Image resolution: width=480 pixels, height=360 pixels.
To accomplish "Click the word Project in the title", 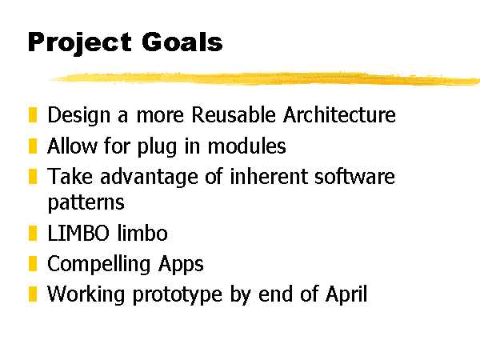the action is pyautogui.click(x=80, y=43).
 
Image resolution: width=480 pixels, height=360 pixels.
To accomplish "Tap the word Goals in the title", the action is pyautogui.click(x=182, y=42).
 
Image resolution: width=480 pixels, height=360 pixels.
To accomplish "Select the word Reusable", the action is pyautogui.click(x=234, y=114).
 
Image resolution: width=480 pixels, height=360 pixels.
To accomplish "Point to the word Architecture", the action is pyautogui.click(x=339, y=114).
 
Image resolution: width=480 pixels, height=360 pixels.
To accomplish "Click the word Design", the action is pyautogui.click(x=78, y=116).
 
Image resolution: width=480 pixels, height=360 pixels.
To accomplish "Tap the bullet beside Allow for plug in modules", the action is pyautogui.click(x=33, y=146).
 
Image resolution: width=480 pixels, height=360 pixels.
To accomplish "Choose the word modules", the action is pyautogui.click(x=246, y=146).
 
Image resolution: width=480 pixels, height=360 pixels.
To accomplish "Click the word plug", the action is pyautogui.click(x=157, y=147).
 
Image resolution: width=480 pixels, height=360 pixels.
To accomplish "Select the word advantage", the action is pyautogui.click(x=149, y=178).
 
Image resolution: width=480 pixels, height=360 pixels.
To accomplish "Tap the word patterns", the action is pyautogui.click(x=86, y=203).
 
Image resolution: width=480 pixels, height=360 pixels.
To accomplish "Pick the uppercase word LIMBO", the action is pyautogui.click(x=78, y=234).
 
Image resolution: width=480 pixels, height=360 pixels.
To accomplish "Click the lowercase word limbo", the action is pyautogui.click(x=142, y=233).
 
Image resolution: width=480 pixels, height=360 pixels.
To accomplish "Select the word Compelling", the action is pyautogui.click(x=98, y=265).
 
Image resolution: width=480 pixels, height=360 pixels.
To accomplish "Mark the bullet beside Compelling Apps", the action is pyautogui.click(x=33, y=263).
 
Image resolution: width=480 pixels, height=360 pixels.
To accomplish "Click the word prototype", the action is pyautogui.click(x=178, y=295).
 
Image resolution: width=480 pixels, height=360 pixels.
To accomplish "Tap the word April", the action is pyautogui.click(x=346, y=294).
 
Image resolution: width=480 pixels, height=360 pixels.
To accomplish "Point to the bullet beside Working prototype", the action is pyautogui.click(x=33, y=294).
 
